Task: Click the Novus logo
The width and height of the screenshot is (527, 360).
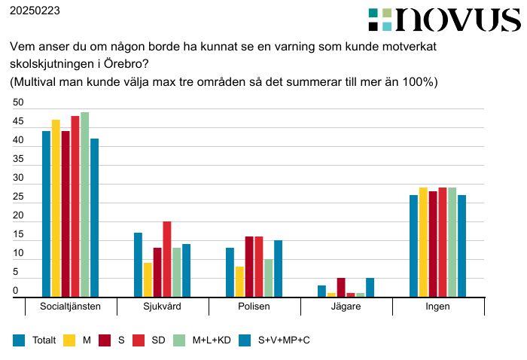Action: click(444, 20)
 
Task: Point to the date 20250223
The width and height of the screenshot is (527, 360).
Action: click(35, 11)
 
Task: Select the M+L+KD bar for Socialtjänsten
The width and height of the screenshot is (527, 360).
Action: click(85, 205)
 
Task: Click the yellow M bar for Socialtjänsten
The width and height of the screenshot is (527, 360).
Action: click(56, 209)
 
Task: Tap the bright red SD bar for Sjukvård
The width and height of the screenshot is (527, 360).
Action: click(167, 260)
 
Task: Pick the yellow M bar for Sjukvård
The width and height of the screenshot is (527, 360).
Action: click(148, 280)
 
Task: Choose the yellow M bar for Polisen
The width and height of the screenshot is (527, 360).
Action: click(239, 282)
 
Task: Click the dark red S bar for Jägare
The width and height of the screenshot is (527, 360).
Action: click(341, 288)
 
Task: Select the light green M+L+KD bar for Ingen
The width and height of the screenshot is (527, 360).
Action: click(452, 243)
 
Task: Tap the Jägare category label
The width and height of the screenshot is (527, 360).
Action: click(346, 307)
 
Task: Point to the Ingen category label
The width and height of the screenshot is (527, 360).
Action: click(438, 307)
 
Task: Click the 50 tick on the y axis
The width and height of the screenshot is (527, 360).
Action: click(18, 103)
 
